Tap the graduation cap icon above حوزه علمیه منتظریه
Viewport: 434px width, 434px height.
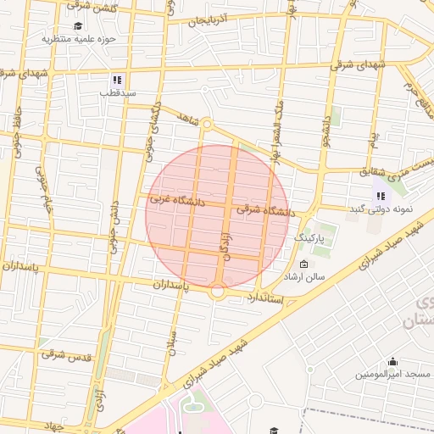pyautogui.click(x=79, y=25)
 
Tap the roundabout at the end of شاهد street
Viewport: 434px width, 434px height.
pyautogui.click(x=206, y=127)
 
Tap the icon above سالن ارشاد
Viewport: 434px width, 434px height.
pyautogui.click(x=304, y=264)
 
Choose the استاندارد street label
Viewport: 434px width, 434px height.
pyautogui.click(x=270, y=298)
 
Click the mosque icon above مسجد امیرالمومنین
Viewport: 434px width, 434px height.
pyautogui.click(x=392, y=361)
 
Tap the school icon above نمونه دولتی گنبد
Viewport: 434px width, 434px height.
pyautogui.click(x=379, y=196)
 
